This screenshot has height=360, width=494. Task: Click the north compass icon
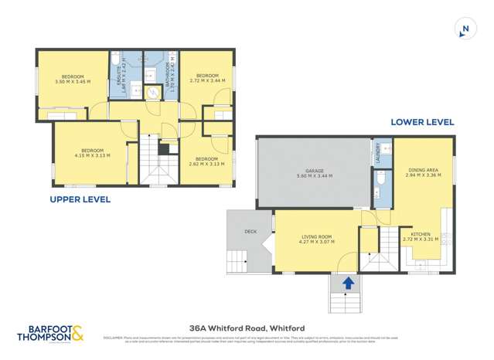tap(465, 30)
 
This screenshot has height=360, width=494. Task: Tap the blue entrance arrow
tap(348, 283)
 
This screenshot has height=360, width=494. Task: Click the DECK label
tap(250, 230)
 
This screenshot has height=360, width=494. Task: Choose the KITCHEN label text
tap(421, 236)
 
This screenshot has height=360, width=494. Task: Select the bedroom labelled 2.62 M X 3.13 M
tap(206, 161)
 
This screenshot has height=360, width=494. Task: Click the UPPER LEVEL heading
tap(80, 199)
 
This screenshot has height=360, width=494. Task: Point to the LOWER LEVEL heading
tap(422, 122)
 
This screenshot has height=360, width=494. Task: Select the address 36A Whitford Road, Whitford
tap(247, 328)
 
